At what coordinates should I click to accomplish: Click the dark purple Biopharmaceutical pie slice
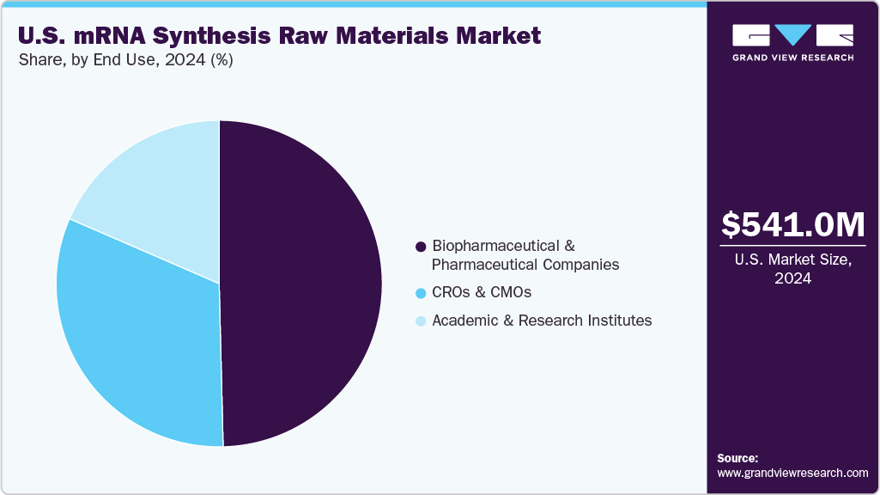coord(300,284)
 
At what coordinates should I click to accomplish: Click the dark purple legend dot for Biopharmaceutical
coord(421,247)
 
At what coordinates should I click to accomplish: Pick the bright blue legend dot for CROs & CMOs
coord(421,293)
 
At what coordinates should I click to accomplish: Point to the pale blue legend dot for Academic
coord(421,321)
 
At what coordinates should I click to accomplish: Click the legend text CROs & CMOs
coord(482,292)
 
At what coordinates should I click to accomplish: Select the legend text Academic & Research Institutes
coord(542,321)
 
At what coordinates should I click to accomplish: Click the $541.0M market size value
coord(793,224)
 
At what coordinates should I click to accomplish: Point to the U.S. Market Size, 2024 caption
coord(793,269)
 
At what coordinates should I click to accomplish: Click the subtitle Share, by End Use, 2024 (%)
coord(125,60)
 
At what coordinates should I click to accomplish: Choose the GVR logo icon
coord(792,35)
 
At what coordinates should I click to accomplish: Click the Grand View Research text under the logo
coord(792,58)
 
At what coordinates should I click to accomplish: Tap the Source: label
coord(737,458)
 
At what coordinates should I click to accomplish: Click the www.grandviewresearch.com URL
coord(792,473)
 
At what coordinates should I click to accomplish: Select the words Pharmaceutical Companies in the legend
coord(525,265)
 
